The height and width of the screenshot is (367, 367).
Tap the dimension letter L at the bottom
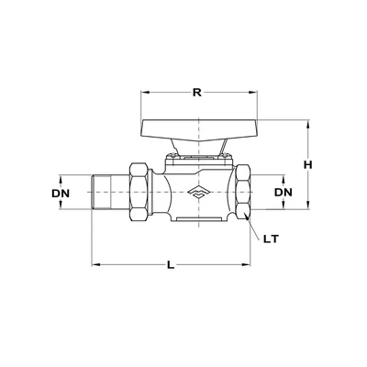coord(171,266)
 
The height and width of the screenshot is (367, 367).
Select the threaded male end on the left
coord(110,194)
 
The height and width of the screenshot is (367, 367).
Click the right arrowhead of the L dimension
coord(250,266)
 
